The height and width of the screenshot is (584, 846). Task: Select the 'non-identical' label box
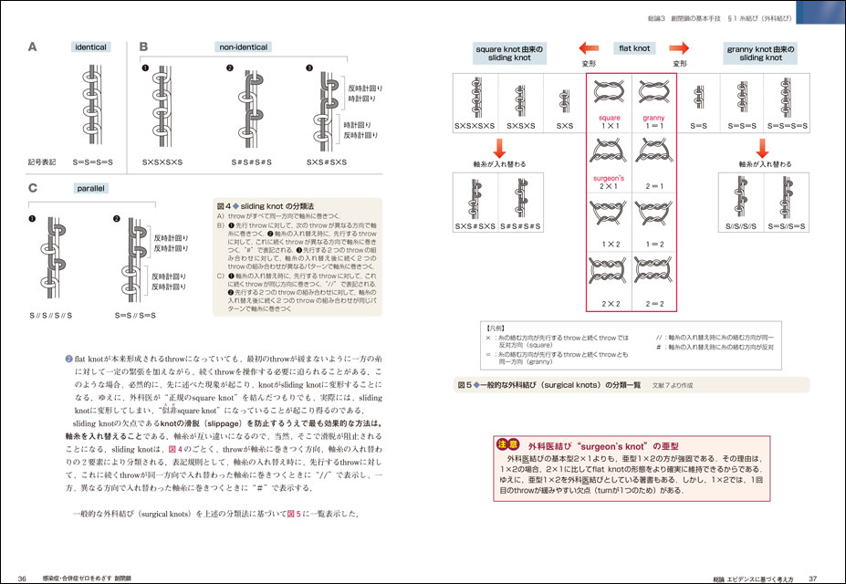[x=241, y=47]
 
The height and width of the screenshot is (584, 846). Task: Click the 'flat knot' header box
[x=631, y=47]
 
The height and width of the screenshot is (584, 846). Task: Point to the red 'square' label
[x=608, y=119]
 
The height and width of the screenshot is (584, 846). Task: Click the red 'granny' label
[x=654, y=119]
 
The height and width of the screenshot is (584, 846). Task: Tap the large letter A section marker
[x=33, y=47]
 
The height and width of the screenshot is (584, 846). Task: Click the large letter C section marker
[x=33, y=190]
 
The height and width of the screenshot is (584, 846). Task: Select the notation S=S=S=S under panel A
[x=91, y=162]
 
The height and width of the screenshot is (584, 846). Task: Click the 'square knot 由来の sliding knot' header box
[x=510, y=52]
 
